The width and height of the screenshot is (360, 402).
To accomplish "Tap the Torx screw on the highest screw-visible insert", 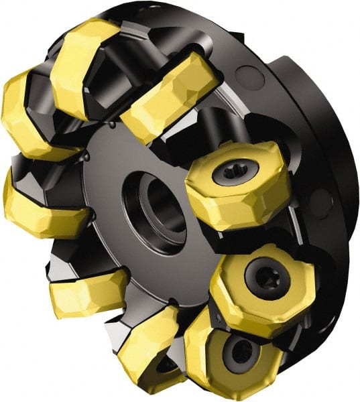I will (233, 174).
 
